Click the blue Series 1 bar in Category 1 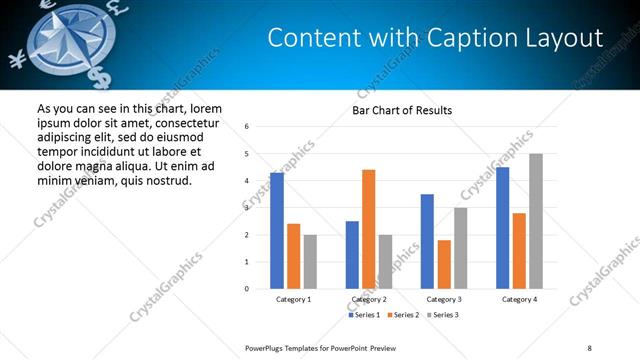(277, 231)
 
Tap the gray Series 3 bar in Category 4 (536, 221)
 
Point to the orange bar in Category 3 (444, 264)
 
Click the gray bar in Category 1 (310, 262)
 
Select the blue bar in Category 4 (502, 228)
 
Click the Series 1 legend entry (364, 315)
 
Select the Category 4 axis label (519, 299)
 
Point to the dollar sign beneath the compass (100, 78)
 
